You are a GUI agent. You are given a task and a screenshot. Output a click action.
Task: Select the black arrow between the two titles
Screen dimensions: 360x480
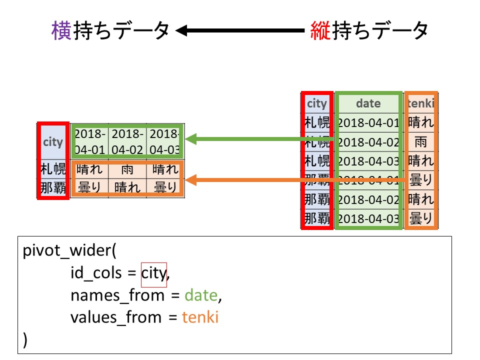click(x=240, y=31)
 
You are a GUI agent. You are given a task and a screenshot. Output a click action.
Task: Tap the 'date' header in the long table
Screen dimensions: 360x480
click(x=368, y=103)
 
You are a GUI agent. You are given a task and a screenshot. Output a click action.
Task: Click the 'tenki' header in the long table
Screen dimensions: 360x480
click(x=421, y=103)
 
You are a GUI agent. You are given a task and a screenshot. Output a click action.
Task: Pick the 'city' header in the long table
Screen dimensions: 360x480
click(x=316, y=103)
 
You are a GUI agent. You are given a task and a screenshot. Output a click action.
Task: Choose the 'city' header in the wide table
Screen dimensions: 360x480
click(x=53, y=141)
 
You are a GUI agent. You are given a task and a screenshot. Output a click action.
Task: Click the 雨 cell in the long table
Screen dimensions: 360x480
click(x=421, y=142)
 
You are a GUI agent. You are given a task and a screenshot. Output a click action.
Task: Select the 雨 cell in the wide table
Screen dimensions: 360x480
click(x=127, y=170)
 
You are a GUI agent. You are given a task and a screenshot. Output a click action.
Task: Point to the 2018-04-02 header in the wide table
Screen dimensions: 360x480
click(x=127, y=141)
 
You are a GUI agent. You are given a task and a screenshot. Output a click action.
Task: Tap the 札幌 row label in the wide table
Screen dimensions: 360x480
click(x=53, y=170)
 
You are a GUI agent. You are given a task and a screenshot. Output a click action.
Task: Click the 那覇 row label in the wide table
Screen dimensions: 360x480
click(x=53, y=188)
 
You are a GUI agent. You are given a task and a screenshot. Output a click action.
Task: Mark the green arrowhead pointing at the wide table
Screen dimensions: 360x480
click(x=191, y=139)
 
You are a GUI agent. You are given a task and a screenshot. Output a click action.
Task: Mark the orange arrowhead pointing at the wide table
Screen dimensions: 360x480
click(x=191, y=180)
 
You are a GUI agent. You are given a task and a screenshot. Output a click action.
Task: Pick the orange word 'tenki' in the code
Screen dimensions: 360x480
click(x=200, y=317)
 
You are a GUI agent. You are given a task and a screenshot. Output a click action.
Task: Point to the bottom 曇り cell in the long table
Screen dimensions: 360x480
click(x=421, y=218)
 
